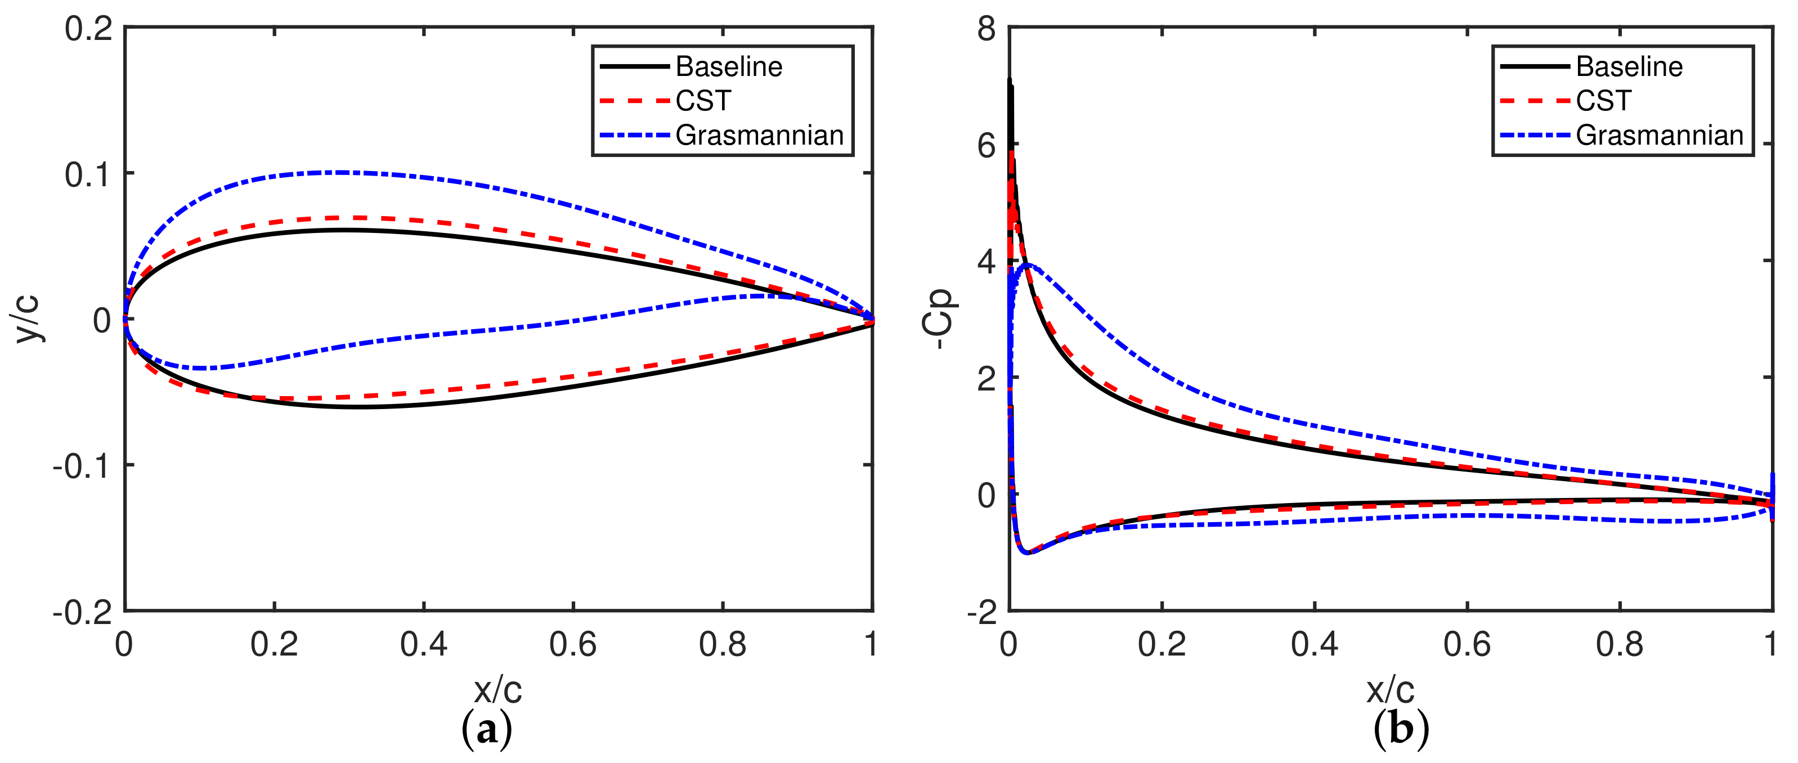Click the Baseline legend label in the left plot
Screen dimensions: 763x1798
[729, 67]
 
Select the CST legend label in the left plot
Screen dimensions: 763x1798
[703, 101]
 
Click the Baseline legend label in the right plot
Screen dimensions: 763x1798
[1629, 67]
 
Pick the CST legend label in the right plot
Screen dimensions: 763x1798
[1603, 101]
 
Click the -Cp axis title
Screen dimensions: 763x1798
[938, 318]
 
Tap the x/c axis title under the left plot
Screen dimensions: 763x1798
[497, 690]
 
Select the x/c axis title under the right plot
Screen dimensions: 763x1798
[1391, 690]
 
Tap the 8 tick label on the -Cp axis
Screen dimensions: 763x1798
[987, 29]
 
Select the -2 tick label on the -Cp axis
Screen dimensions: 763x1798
[981, 613]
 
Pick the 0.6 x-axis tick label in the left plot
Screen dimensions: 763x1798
[572, 644]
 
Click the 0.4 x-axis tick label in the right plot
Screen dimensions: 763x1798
[1314, 644]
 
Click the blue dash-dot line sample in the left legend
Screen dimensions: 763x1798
[634, 134]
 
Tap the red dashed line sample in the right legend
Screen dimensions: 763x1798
[1534, 101]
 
